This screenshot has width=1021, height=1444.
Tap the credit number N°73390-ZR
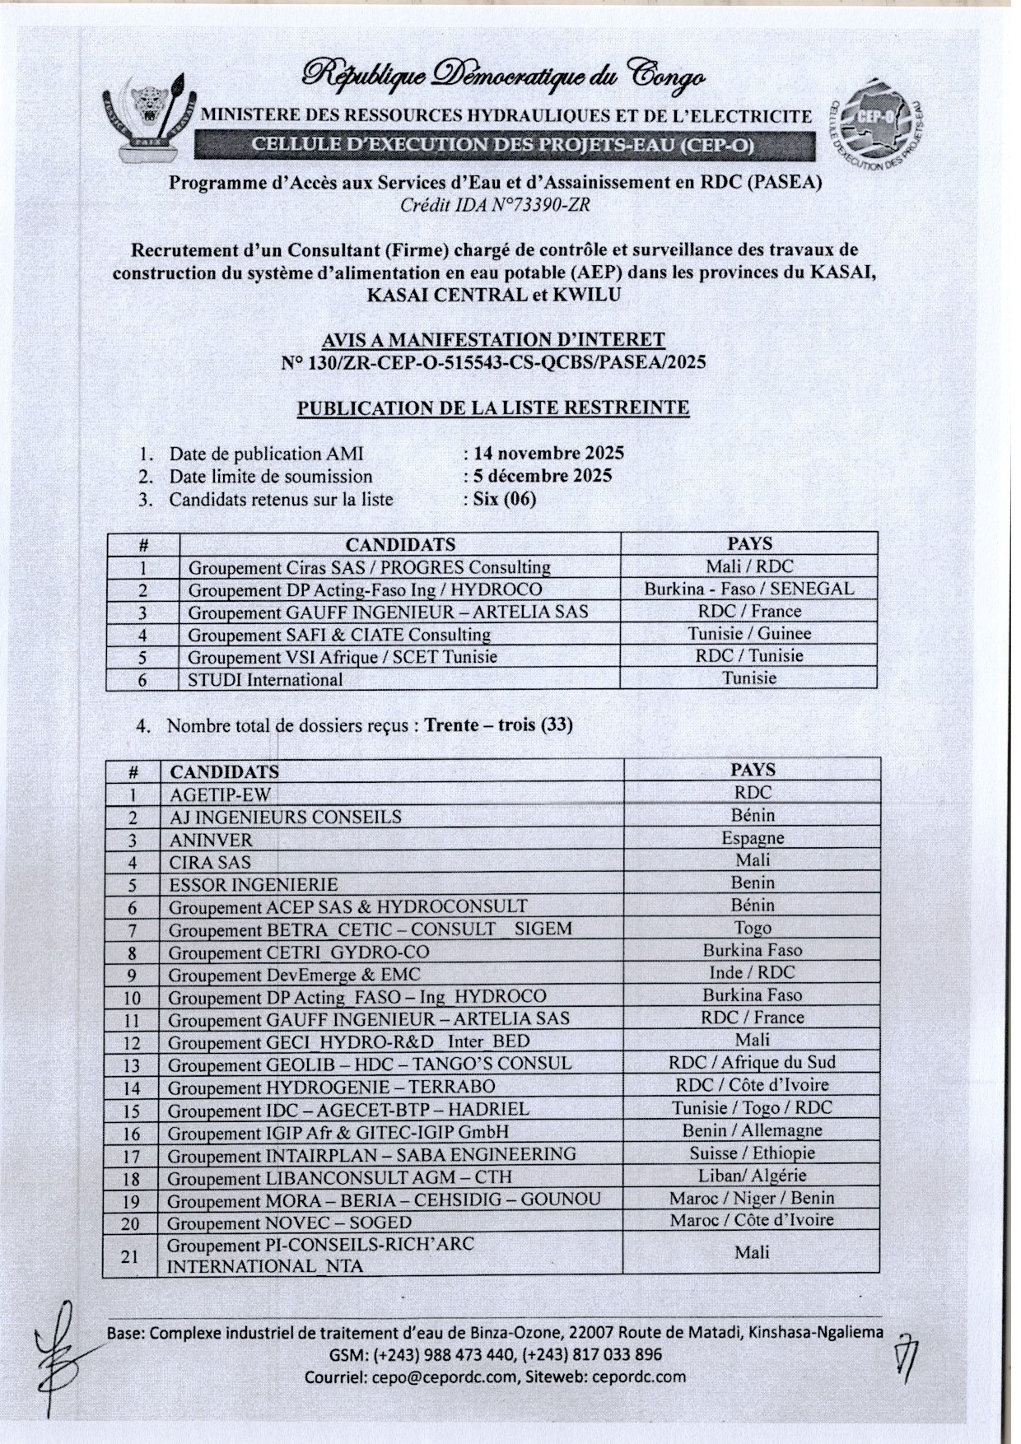pos(534,206)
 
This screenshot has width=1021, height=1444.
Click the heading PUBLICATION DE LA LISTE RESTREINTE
pos(493,408)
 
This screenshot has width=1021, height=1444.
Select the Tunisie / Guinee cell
pos(749,634)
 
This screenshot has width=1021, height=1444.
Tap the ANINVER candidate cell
pos(211,841)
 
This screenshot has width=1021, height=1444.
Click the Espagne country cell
pos(753,838)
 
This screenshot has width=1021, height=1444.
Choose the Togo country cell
pos(753,928)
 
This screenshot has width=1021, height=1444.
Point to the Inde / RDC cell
pos(753,972)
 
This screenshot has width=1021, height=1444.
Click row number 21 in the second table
pos(130,1256)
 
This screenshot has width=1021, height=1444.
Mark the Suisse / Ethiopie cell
pos(753,1153)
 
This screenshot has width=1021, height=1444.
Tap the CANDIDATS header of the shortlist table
pos(400,544)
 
